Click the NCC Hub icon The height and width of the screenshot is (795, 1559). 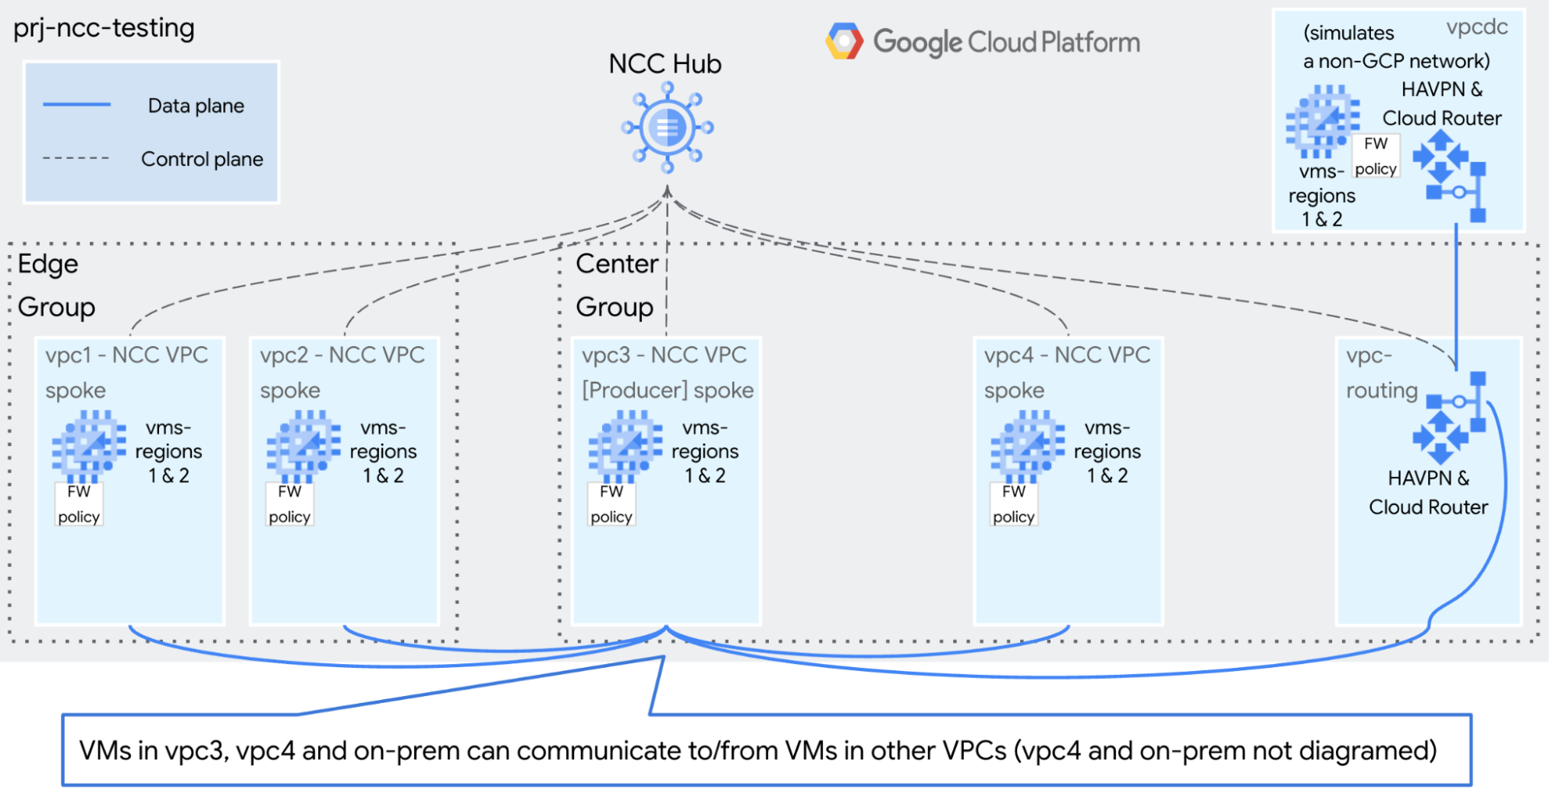point(667,128)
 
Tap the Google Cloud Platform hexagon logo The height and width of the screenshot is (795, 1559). point(844,41)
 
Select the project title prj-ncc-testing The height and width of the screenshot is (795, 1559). point(104,28)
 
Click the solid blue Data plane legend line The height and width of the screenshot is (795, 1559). point(76,104)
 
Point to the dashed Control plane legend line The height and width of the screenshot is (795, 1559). point(76,158)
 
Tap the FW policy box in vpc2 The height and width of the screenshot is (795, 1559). point(289,504)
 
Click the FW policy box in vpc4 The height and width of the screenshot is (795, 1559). point(1013,504)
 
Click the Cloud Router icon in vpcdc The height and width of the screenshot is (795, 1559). point(1450,175)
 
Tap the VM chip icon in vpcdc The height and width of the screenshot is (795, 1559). point(1322,121)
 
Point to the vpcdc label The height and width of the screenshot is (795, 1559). point(1476,27)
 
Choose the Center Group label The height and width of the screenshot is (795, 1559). point(616,285)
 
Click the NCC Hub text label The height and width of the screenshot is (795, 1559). point(664,64)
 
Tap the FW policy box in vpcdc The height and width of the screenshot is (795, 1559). point(1375,156)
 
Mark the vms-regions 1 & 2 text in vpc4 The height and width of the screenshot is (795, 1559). point(1107,451)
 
